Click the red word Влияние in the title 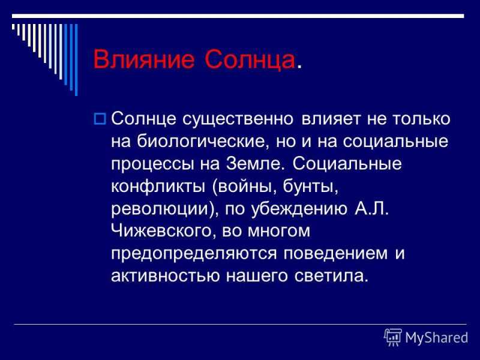tap(143, 59)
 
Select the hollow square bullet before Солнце tap(100, 119)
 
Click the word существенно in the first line tap(238, 119)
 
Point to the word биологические tap(200, 142)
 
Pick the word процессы tap(152, 164)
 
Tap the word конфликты tap(158, 186)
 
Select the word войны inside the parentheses tap(244, 186)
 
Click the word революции tap(160, 209)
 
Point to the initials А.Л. tap(371, 208)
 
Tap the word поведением tap(335, 254)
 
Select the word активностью tap(166, 276)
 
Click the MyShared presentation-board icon tap(393, 338)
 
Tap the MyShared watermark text tap(437, 338)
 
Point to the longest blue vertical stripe tap(76, 60)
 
